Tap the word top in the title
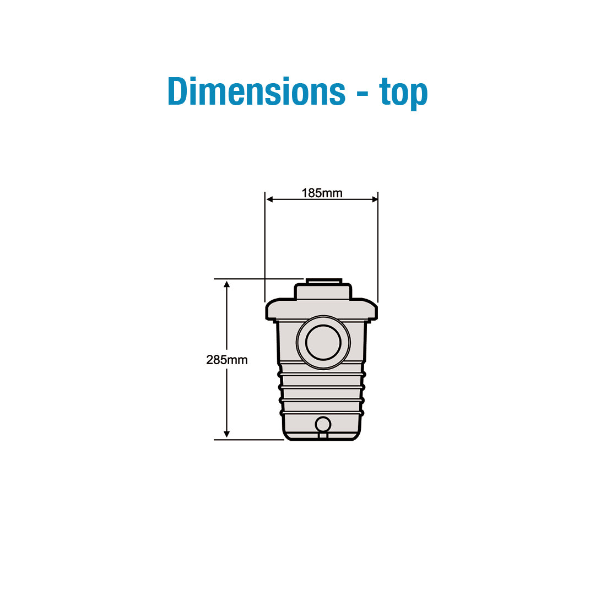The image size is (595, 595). tap(403, 93)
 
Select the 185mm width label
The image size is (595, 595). tap(322, 193)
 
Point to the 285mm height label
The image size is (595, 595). tap(227, 360)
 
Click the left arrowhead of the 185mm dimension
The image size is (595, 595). tap(269, 199)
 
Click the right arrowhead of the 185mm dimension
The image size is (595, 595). tap(374, 199)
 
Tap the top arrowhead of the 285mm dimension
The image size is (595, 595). tap(227, 285)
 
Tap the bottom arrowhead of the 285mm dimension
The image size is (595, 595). tap(227, 434)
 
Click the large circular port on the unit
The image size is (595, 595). tap(323, 342)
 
